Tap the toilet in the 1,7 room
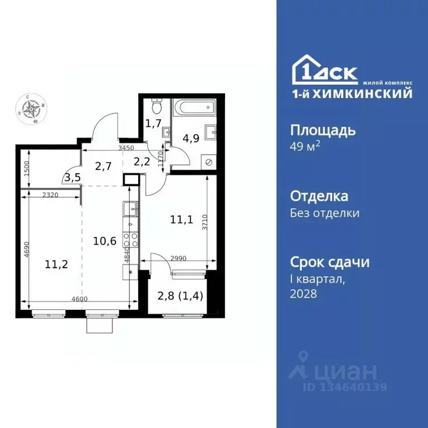(x=157, y=105)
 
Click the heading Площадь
(x=323, y=131)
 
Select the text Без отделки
(x=325, y=213)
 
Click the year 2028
(x=304, y=294)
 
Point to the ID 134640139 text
(x=344, y=387)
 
